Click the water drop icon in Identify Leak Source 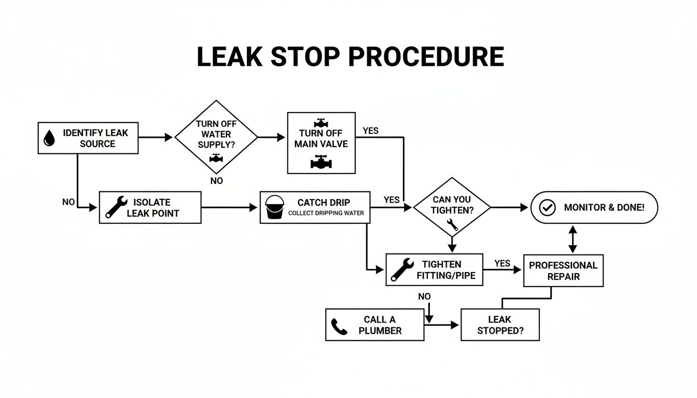point(49,138)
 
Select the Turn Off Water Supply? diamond point(216,137)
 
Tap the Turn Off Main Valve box point(321,143)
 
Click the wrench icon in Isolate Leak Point point(116,207)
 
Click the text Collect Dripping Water point(326,213)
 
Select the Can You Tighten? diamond point(451,208)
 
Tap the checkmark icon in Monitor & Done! point(547,208)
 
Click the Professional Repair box point(563,271)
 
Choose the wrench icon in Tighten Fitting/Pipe point(401,269)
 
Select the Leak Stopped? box point(500,325)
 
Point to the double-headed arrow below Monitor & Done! point(573,239)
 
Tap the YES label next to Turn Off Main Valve point(370,131)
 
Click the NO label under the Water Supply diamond point(217,181)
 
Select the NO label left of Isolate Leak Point point(68,202)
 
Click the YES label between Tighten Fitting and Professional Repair point(502,263)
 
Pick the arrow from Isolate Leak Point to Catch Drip point(229,208)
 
